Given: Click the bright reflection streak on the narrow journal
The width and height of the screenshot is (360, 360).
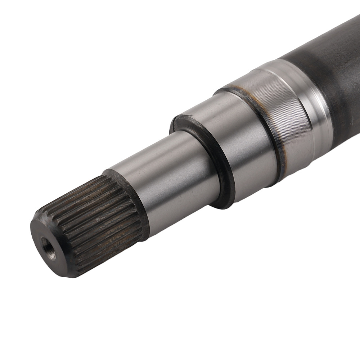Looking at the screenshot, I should [x=158, y=158].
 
